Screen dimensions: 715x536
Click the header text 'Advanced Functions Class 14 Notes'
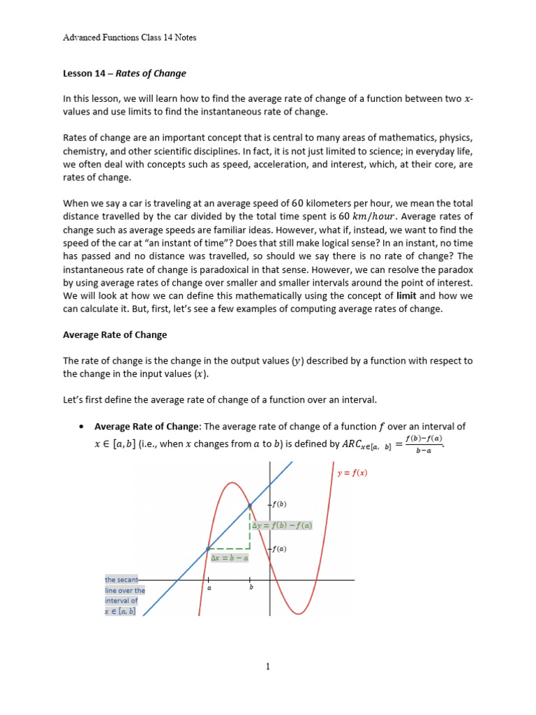click(x=129, y=37)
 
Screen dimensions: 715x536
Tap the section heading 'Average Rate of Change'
click(x=115, y=334)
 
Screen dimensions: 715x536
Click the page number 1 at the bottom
click(x=268, y=667)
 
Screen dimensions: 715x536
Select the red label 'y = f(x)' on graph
click(x=352, y=473)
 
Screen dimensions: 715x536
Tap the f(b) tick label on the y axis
click(x=278, y=504)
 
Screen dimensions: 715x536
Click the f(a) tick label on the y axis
click(x=278, y=549)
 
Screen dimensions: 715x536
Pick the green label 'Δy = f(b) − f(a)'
click(x=282, y=526)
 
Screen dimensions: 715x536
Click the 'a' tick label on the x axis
click(x=208, y=589)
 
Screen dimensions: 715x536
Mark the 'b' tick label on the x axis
click(x=251, y=589)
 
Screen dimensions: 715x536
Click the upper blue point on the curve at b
click(x=250, y=505)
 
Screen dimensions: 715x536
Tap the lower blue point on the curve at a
click(x=208, y=549)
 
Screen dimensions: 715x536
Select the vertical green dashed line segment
click(x=250, y=528)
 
